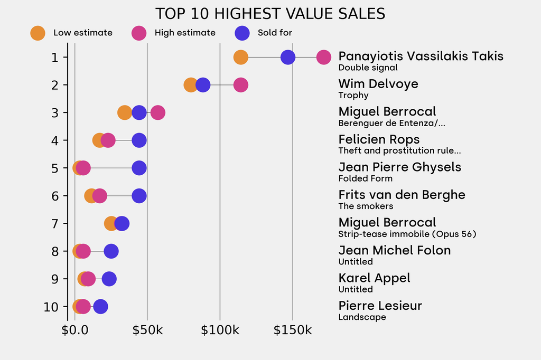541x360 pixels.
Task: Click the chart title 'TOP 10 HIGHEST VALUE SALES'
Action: click(270, 13)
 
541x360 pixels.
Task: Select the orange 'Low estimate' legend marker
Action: click(38, 33)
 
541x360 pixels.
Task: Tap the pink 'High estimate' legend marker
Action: click(138, 33)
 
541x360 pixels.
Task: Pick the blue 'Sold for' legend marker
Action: click(241, 33)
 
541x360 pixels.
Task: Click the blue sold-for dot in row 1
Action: click(288, 57)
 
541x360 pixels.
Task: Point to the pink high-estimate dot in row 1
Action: click(324, 57)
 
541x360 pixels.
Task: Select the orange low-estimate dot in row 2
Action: click(191, 85)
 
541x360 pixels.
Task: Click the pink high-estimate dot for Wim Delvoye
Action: click(240, 85)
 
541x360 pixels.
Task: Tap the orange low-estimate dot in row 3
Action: click(124, 112)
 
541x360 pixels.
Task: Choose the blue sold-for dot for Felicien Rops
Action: click(139, 140)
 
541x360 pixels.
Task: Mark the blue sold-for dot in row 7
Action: click(122, 223)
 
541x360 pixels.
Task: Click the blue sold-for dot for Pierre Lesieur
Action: click(100, 307)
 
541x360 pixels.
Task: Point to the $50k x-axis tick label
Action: click(147, 330)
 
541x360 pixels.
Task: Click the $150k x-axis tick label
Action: click(292, 330)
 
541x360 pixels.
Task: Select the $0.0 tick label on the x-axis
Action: click(74, 330)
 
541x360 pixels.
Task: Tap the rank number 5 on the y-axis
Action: click(55, 168)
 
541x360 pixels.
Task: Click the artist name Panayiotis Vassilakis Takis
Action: click(421, 56)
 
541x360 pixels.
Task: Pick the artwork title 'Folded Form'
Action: click(365, 178)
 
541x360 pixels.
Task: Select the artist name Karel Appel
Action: click(374, 278)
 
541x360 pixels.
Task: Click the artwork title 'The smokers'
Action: click(366, 206)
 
